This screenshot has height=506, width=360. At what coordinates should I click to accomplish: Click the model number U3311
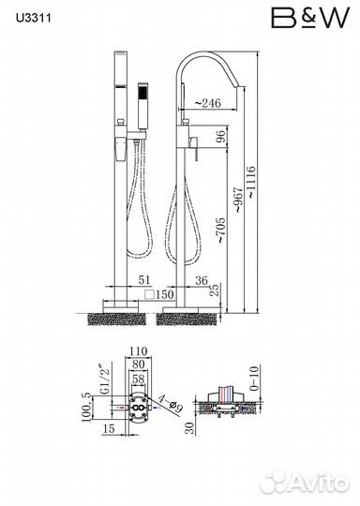(x=34, y=18)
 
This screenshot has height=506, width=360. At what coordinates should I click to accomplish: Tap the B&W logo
(x=310, y=18)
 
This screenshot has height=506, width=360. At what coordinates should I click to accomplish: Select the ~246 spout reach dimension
(x=208, y=103)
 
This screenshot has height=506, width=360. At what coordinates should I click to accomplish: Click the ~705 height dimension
(x=221, y=231)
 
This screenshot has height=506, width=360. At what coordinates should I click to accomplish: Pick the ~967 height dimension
(x=238, y=200)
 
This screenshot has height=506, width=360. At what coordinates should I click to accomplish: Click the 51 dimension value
(x=144, y=280)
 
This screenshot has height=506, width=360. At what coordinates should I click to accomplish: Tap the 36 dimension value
(x=202, y=280)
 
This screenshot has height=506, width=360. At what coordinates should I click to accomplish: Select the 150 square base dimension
(x=159, y=294)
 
